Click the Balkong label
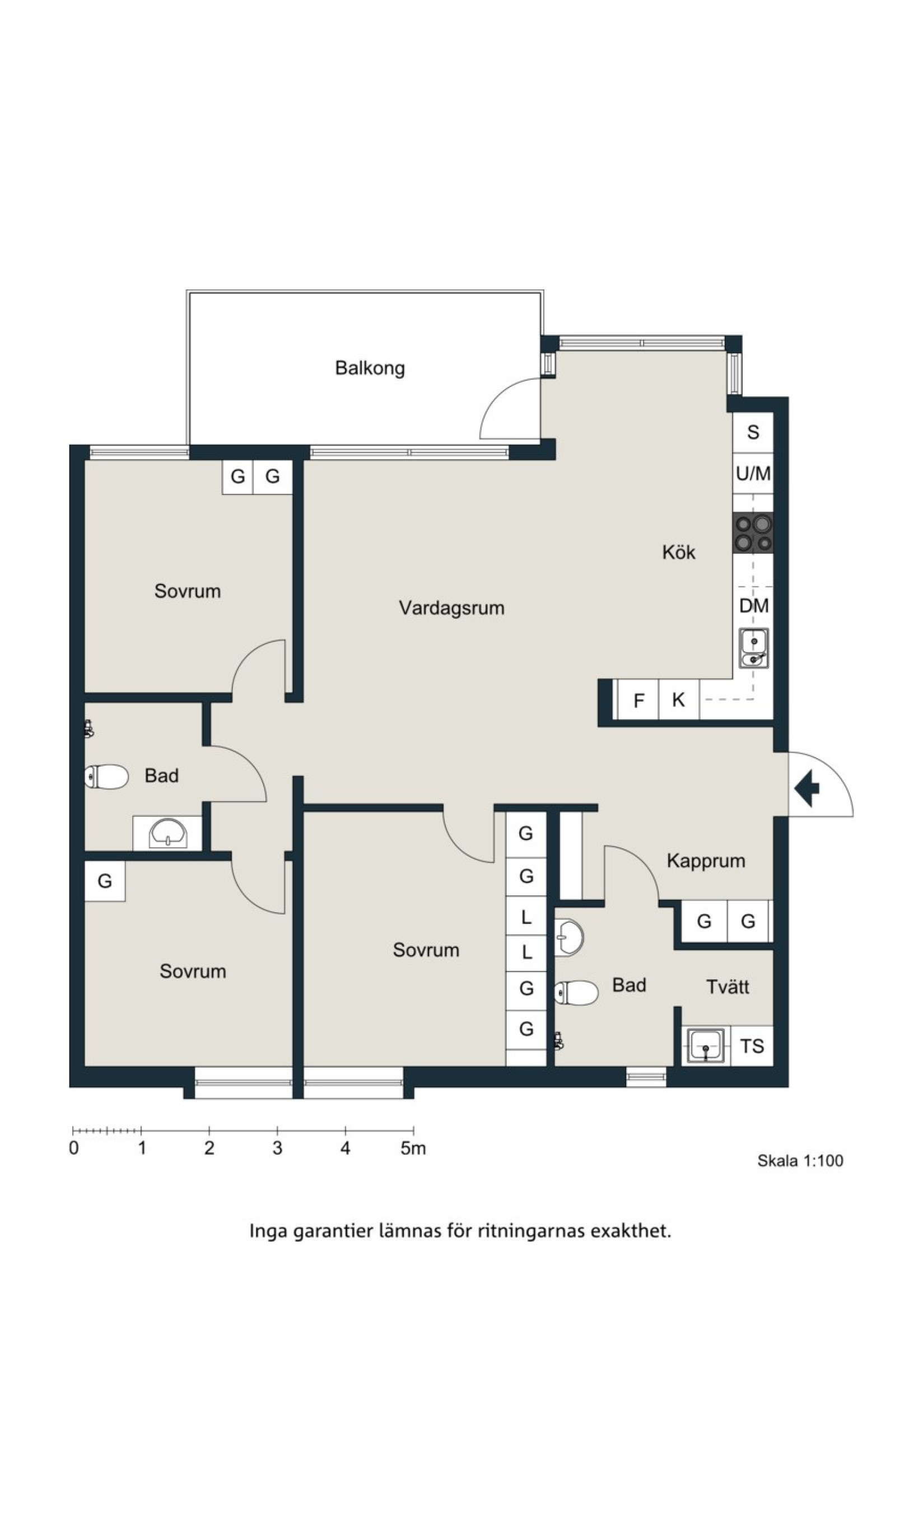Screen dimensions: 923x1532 coord(370,368)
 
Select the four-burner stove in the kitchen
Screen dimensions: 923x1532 coord(753,534)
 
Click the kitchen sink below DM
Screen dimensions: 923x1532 coord(753,648)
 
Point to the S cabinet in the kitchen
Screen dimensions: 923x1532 coord(753,432)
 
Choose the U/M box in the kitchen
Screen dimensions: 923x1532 coord(753,474)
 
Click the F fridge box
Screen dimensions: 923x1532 coord(638,700)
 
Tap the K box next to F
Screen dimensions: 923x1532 coord(679,700)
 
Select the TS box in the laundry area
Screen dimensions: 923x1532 coord(752,1046)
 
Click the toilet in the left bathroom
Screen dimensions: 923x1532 coord(106,777)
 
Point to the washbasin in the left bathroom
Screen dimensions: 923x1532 coord(167,833)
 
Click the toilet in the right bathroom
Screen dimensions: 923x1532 coord(576,993)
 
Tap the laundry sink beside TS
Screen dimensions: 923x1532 coord(705,1046)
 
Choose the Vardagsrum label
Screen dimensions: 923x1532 coord(451,608)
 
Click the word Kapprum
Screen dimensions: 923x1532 coord(706,861)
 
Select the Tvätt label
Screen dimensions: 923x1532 coord(728,987)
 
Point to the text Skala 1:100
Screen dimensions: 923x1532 coord(800,1160)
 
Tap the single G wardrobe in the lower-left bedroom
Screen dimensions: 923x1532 coord(105,881)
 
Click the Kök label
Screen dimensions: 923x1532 coord(679,552)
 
